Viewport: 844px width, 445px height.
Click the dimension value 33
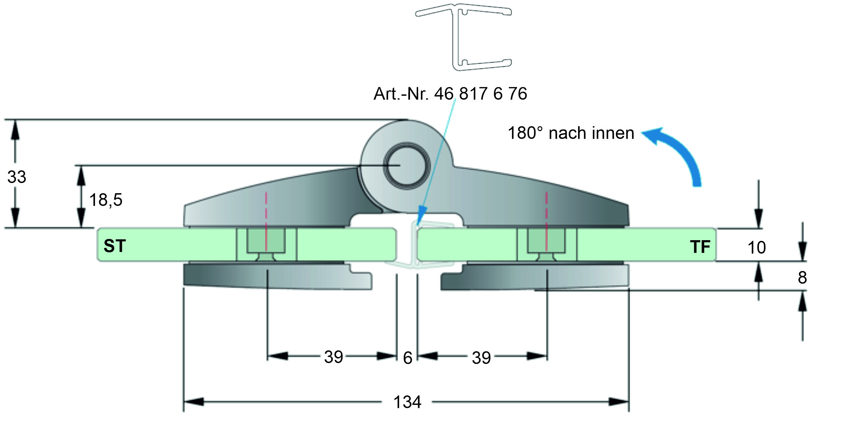17,177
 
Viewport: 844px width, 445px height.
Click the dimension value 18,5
106,200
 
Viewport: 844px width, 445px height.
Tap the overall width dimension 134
407,402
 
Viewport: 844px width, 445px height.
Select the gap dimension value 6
408,358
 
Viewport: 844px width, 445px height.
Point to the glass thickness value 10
756,247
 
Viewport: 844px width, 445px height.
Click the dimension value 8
802,278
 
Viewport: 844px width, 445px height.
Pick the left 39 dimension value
333,357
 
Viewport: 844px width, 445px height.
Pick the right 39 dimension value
481,358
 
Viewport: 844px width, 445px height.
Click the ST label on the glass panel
115,246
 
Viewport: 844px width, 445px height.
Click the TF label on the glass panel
700,247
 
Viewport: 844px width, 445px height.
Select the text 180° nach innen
571,133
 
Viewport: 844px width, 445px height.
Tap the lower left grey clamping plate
275,277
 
